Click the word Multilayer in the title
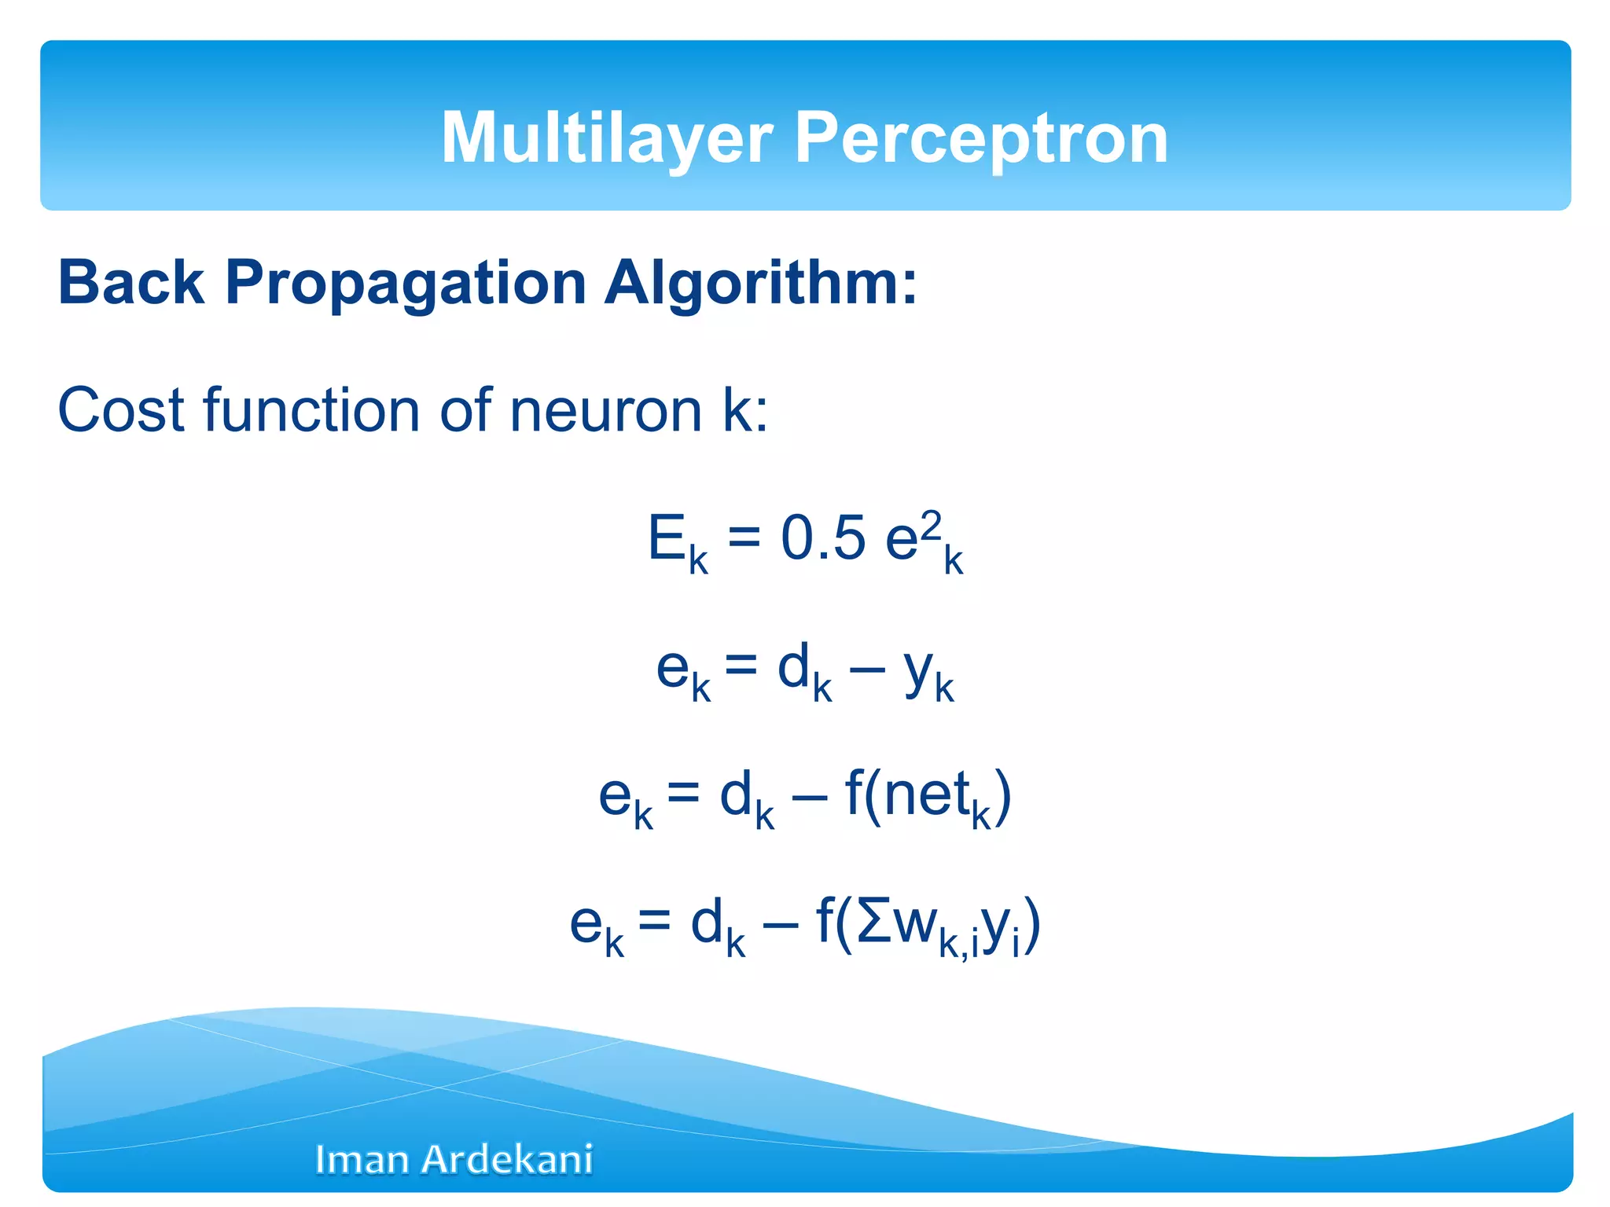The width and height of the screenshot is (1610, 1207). [x=607, y=138]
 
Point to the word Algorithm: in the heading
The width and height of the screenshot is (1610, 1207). [x=760, y=283]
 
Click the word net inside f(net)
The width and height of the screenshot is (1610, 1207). [x=925, y=795]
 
